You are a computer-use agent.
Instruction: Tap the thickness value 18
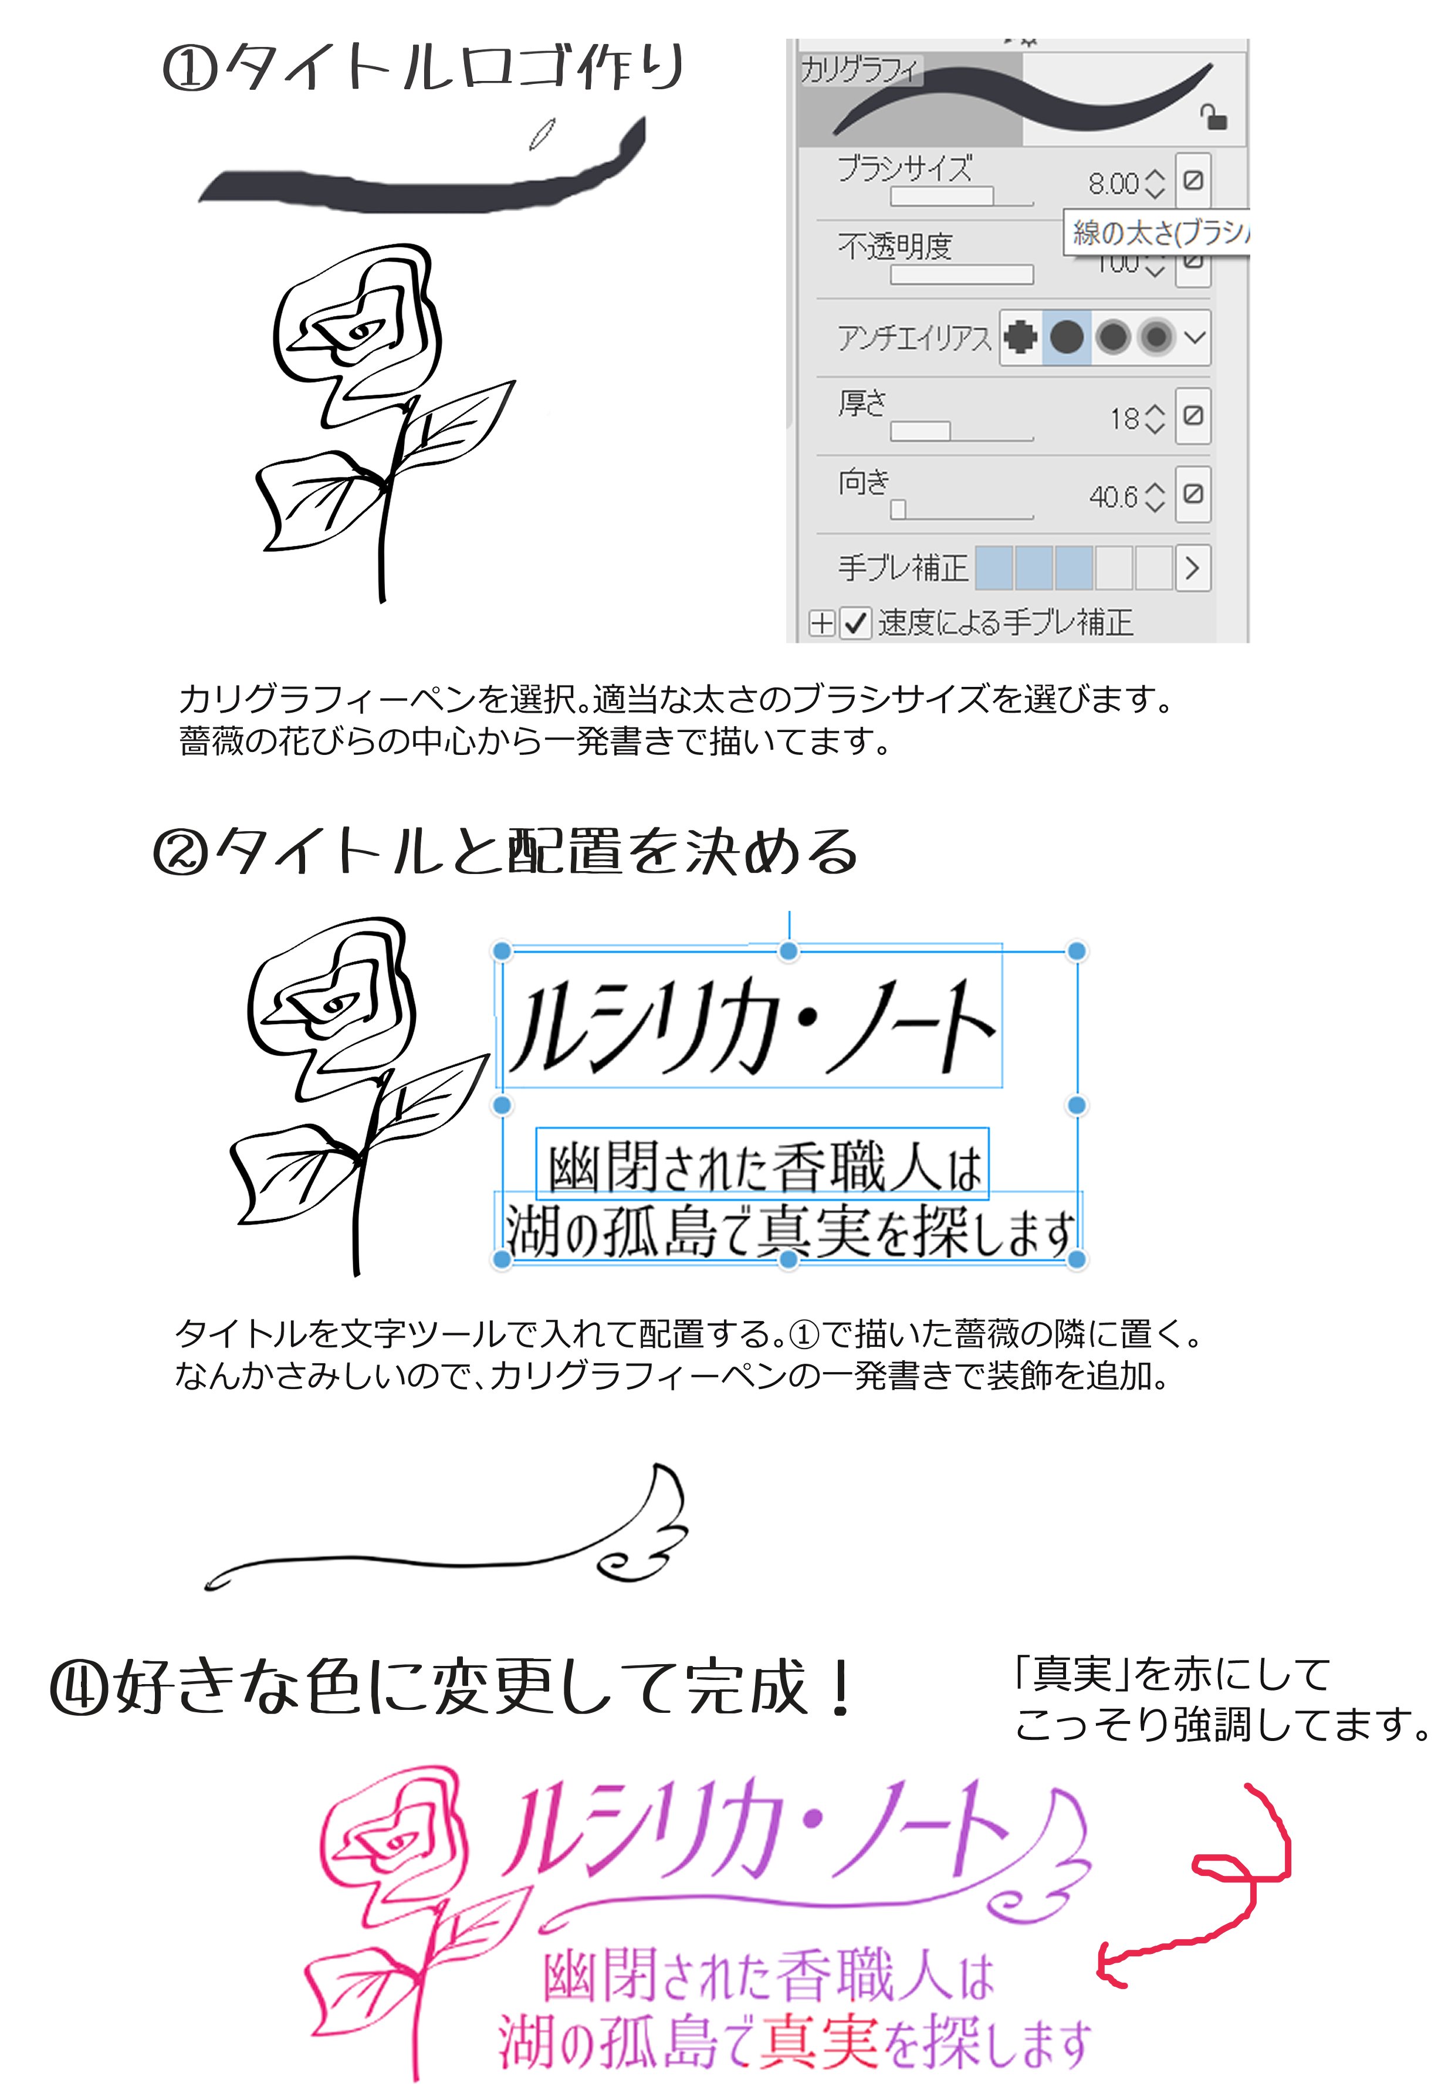click(x=1124, y=418)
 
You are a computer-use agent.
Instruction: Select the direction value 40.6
click(x=1113, y=497)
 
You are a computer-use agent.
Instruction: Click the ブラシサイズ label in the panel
click(x=904, y=168)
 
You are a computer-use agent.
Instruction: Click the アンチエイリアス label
click(x=913, y=338)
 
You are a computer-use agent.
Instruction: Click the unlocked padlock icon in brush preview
click(x=1213, y=117)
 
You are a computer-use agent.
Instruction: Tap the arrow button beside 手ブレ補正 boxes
click(x=1192, y=568)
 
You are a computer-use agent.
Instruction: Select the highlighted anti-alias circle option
click(x=1065, y=337)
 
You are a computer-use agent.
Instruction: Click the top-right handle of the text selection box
click(x=1077, y=951)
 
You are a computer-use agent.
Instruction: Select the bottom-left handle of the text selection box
click(x=502, y=1259)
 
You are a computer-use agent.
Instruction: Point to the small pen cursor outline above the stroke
click(x=543, y=133)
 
